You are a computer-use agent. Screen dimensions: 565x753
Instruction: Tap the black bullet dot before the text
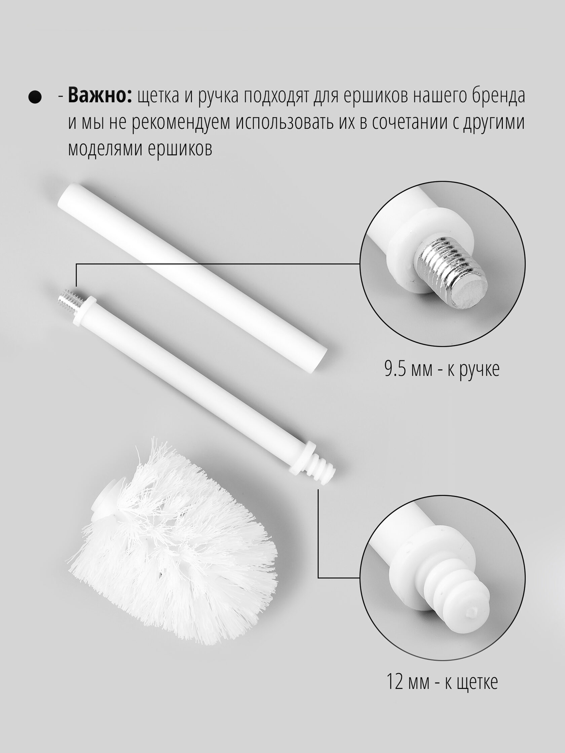tap(35, 97)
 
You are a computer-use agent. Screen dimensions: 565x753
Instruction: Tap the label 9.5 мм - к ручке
tap(442, 370)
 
